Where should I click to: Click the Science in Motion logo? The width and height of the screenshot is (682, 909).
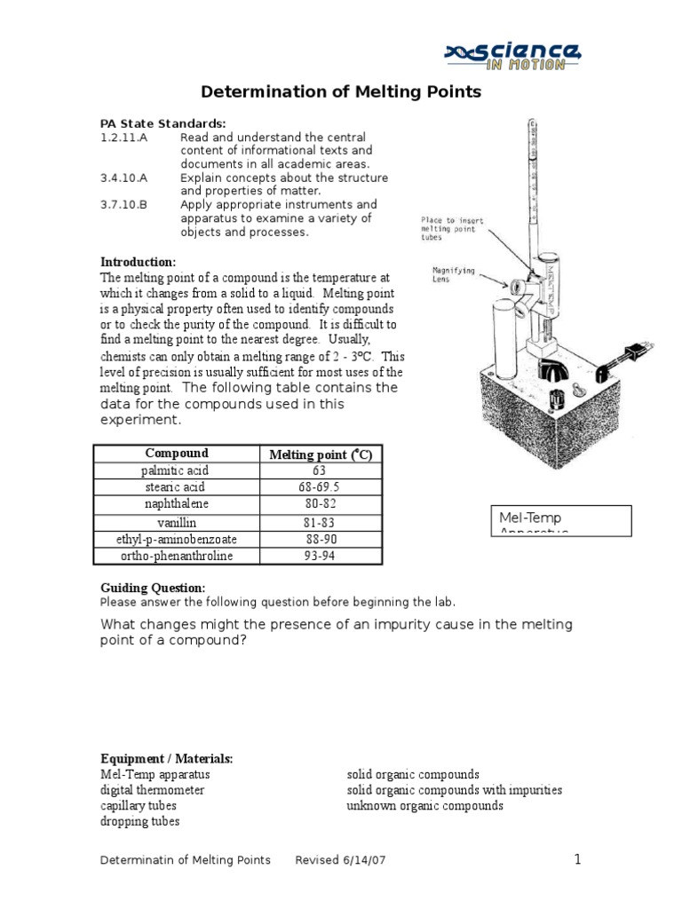pyautogui.click(x=513, y=55)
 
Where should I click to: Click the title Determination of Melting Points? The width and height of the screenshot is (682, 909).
pyautogui.click(x=341, y=91)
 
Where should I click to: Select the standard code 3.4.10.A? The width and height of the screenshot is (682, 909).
pyautogui.click(x=123, y=178)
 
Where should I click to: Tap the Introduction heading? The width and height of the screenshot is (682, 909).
pyautogui.click(x=138, y=262)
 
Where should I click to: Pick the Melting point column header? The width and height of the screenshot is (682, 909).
pyautogui.click(x=321, y=454)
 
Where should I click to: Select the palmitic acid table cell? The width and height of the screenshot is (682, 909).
pyautogui.click(x=175, y=470)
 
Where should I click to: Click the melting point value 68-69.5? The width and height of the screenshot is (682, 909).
pyautogui.click(x=320, y=487)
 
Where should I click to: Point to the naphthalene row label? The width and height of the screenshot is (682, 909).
pyautogui.click(x=175, y=504)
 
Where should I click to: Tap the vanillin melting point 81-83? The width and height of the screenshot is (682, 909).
pyautogui.click(x=320, y=522)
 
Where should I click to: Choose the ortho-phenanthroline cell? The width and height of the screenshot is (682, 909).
pyautogui.click(x=175, y=556)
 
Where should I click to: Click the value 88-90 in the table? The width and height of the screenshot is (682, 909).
pyautogui.click(x=320, y=539)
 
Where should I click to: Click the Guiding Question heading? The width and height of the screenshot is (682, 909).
pyautogui.click(x=152, y=588)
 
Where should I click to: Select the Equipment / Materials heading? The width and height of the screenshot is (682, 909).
pyautogui.click(x=166, y=758)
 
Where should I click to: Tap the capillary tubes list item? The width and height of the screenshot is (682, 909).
pyautogui.click(x=138, y=806)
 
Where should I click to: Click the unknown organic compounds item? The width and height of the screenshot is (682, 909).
pyautogui.click(x=424, y=806)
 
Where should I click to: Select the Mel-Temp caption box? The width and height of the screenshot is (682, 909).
pyautogui.click(x=560, y=521)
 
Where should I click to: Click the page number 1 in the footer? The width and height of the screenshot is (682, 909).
pyautogui.click(x=576, y=859)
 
